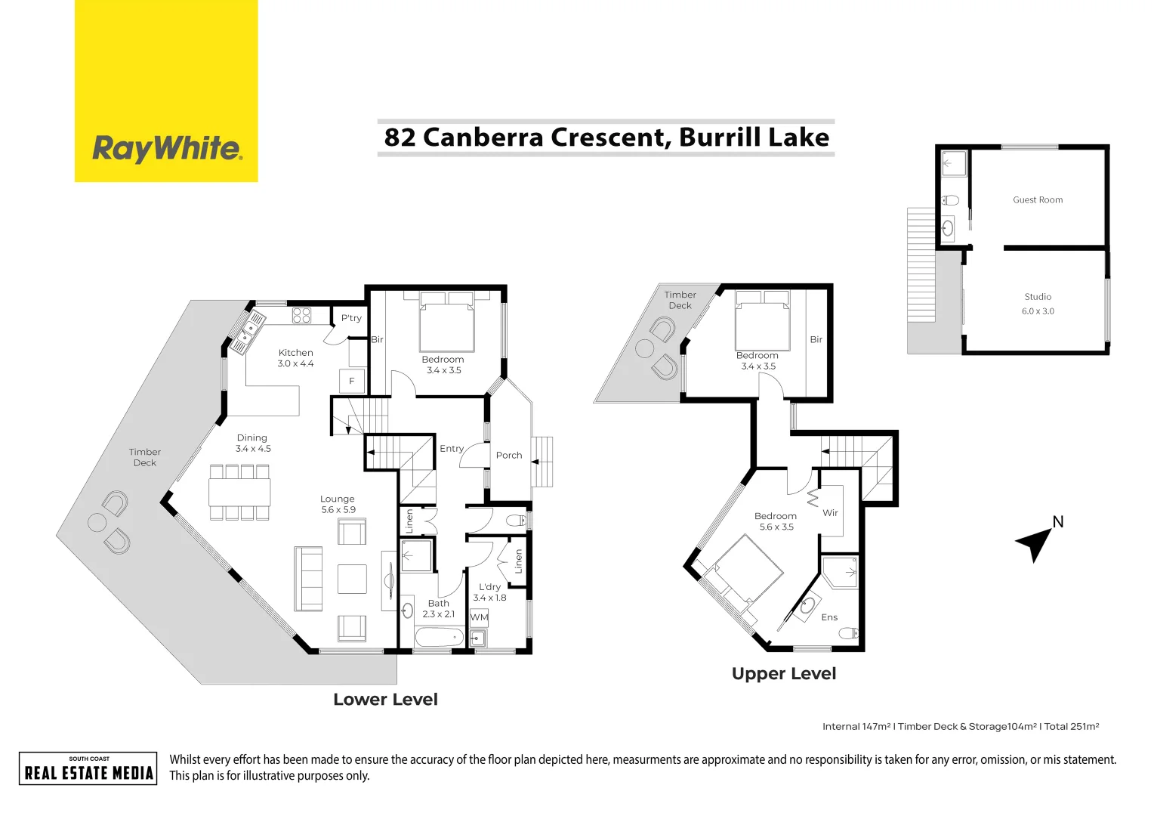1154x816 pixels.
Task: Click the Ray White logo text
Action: (167, 148)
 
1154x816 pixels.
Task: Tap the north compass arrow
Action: (1034, 542)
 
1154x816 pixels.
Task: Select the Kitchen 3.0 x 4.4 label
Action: (295, 358)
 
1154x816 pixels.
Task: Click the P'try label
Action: (351, 318)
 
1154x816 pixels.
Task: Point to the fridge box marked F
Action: (352, 382)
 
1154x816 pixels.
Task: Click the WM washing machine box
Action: (479, 617)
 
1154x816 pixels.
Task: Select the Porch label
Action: (509, 456)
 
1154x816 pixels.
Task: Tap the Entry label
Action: (452, 449)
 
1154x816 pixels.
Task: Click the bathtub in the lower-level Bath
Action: (439, 636)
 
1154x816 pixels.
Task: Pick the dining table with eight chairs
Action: (239, 493)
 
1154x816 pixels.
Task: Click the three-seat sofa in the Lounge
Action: (308, 579)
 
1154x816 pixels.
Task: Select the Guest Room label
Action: (1038, 200)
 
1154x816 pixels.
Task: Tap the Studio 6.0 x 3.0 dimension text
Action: (1038, 311)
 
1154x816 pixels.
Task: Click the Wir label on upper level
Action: (830, 513)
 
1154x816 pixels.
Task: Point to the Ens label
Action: (829, 617)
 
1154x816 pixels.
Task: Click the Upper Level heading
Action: (784, 674)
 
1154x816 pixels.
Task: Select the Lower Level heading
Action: (385, 700)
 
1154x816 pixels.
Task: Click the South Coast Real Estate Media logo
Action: (88, 768)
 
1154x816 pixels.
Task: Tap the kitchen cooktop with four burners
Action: (301, 316)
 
